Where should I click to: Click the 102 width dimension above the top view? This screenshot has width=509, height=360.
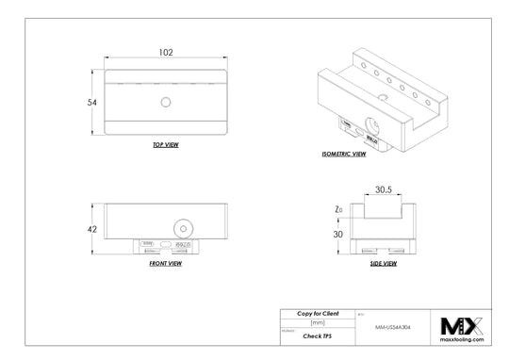tap(165, 54)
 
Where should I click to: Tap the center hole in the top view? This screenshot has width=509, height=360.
tap(165, 101)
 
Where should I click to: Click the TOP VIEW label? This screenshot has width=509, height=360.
tap(165, 145)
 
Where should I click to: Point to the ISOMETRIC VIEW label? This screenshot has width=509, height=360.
tap(343, 152)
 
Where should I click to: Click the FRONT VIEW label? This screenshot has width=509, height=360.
tap(165, 264)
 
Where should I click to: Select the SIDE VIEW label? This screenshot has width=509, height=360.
tap(382, 264)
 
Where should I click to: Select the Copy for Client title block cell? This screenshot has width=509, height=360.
tap(318, 313)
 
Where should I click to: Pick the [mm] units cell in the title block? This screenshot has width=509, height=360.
tap(318, 322)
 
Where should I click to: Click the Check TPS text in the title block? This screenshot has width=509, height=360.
tap(318, 335)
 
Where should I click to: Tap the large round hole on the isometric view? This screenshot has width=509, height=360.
tap(370, 126)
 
